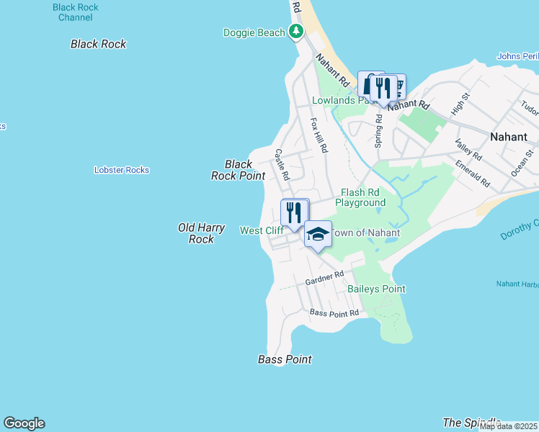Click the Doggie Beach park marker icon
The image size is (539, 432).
295,31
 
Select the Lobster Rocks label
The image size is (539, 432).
122,170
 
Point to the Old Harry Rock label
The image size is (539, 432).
202,233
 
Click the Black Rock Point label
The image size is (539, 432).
238,170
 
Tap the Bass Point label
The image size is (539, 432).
285,359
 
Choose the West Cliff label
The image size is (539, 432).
261,230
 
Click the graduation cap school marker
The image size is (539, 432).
318,233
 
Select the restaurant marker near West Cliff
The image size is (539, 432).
293,212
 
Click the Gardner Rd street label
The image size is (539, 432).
324,277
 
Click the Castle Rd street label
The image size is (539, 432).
282,165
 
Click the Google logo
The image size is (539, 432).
24,423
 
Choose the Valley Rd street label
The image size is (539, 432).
468,150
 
